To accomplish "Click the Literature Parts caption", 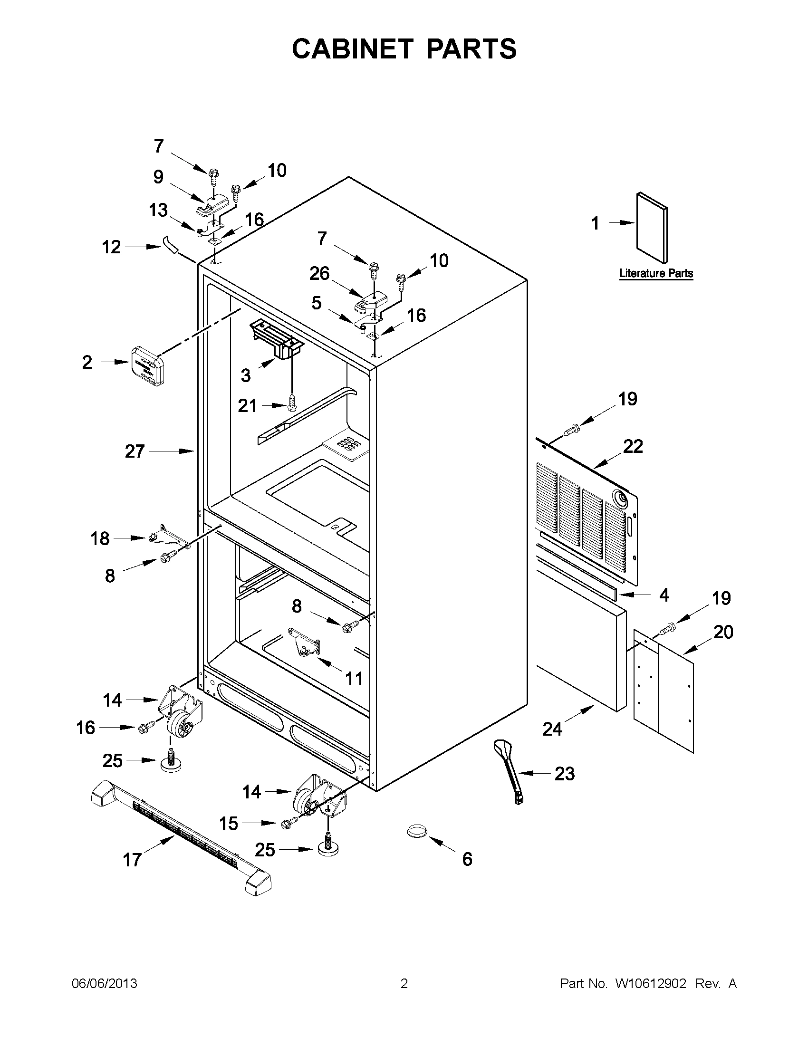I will coord(656,273).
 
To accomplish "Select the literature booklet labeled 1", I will coord(651,228).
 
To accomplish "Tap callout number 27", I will coord(135,451).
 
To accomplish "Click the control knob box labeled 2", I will coord(147,365).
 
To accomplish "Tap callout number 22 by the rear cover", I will coord(633,446).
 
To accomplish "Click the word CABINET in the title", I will coord(352,49).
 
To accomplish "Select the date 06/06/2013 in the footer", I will coord(105,984).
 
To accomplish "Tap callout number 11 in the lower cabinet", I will coord(354,678).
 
